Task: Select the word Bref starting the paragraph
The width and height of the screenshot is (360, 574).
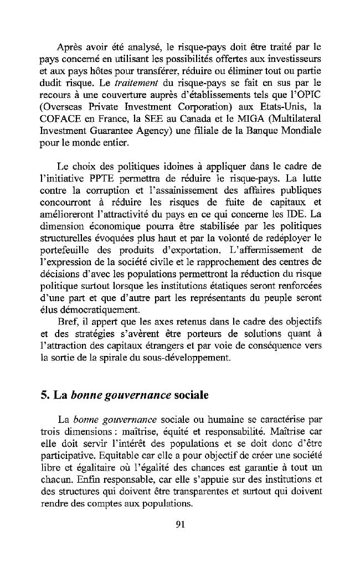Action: click(68, 322)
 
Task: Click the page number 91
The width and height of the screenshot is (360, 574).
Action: click(179, 526)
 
